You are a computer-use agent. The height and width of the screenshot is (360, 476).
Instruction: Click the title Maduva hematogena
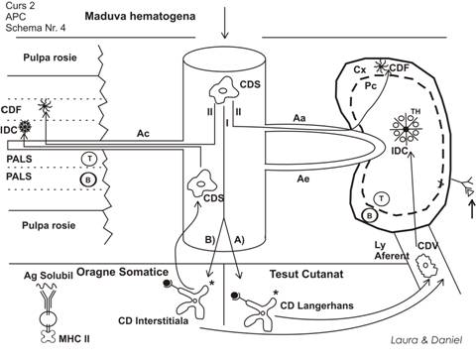tap(140, 16)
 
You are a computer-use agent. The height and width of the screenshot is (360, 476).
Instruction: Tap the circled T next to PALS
tap(89, 159)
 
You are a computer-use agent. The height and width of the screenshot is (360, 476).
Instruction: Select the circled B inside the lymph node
tap(370, 216)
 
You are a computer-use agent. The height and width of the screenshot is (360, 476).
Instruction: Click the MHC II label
tap(74, 339)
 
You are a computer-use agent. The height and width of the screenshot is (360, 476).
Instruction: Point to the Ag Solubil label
tap(49, 276)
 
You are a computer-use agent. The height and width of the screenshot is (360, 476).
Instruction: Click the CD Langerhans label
tap(316, 305)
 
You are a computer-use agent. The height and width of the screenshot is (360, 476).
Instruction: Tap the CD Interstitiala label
tap(153, 320)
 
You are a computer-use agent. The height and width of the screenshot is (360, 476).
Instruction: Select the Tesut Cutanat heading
tap(306, 274)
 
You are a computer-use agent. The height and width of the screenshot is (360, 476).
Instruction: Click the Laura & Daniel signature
tap(426, 340)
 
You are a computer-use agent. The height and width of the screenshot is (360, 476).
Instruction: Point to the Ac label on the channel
tap(143, 134)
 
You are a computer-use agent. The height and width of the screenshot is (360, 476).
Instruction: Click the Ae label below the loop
tap(303, 179)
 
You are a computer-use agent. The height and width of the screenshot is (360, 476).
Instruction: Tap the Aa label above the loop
tap(299, 118)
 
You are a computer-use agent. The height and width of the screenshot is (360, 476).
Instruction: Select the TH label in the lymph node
tap(416, 112)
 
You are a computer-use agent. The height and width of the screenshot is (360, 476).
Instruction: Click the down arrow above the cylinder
tap(225, 22)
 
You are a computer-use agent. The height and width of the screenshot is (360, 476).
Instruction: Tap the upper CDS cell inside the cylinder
tap(221, 90)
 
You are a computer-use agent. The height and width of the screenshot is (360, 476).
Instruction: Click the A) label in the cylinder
tap(239, 239)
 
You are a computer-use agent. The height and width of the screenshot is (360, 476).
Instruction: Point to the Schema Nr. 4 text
tap(36, 28)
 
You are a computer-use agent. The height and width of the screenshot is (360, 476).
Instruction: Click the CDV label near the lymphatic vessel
tap(427, 246)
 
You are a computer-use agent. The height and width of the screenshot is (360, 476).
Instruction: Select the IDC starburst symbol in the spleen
tap(24, 126)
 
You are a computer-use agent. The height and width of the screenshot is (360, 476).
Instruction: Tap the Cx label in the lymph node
tap(360, 69)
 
